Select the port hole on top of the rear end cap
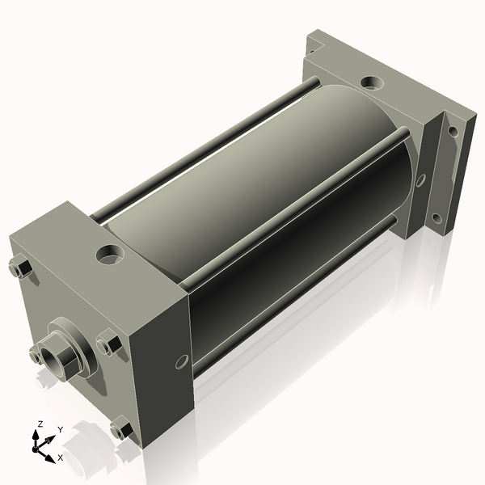pos(372,82)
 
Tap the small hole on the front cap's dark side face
pos(181,361)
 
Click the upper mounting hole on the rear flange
pos(453,129)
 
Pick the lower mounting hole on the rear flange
pos(436,218)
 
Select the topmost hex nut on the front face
pos(20,267)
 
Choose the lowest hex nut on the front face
pos(120,429)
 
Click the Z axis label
pos(40,424)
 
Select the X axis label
pos(60,458)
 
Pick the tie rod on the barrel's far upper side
pos(202,145)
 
